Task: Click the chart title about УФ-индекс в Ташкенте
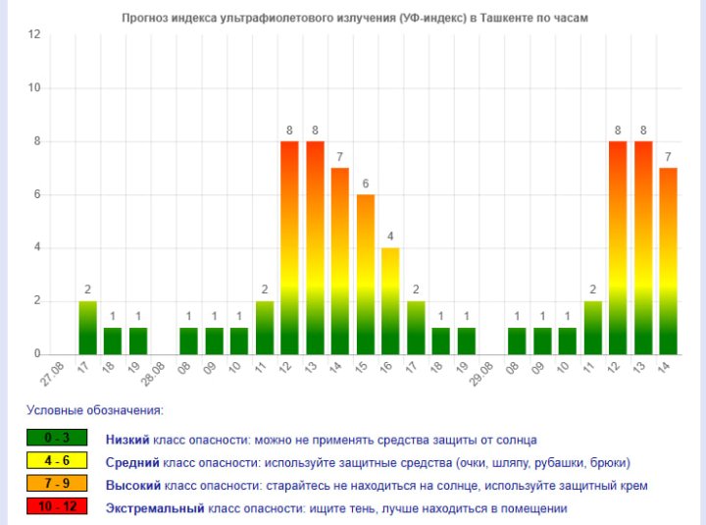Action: pyautogui.click(x=354, y=18)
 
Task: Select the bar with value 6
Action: pyautogui.click(x=365, y=274)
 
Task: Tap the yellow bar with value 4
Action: pyautogui.click(x=390, y=300)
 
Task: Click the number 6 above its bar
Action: pyautogui.click(x=365, y=184)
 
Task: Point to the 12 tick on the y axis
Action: pyautogui.click(x=34, y=34)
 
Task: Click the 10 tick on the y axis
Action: pyautogui.click(x=34, y=87)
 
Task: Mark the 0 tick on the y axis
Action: pyautogui.click(x=37, y=353)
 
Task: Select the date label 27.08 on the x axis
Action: pyautogui.click(x=55, y=374)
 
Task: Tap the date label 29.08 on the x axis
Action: pyautogui.click(x=483, y=374)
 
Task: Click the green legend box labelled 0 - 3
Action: pyautogui.click(x=57, y=439)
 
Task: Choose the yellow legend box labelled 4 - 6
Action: pyautogui.click(x=57, y=461)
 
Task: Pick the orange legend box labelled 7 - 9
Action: pyautogui.click(x=57, y=484)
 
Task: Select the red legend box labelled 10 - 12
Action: pyautogui.click(x=57, y=507)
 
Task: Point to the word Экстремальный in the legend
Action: pyautogui.click(x=154, y=508)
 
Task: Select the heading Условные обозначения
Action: pyautogui.click(x=94, y=409)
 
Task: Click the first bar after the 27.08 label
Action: pyautogui.click(x=87, y=327)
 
